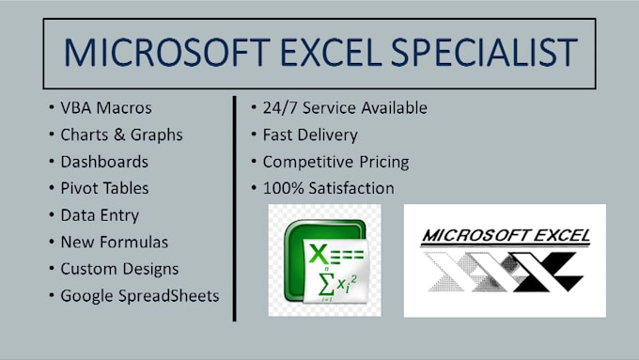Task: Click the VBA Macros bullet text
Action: (106, 108)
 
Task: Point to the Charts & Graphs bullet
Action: (121, 134)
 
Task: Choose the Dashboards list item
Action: (104, 162)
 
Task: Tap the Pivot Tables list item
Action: (104, 188)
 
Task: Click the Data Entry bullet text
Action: (99, 215)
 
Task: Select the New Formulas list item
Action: (114, 242)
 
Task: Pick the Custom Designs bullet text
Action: (119, 269)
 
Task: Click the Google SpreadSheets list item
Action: (140, 295)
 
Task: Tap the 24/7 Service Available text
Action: (345, 108)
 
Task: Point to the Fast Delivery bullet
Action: (310, 134)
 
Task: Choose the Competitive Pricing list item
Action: (335, 162)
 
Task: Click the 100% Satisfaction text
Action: (328, 188)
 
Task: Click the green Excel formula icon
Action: (324, 260)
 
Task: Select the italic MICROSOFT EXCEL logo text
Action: (505, 236)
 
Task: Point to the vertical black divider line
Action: (234, 207)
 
